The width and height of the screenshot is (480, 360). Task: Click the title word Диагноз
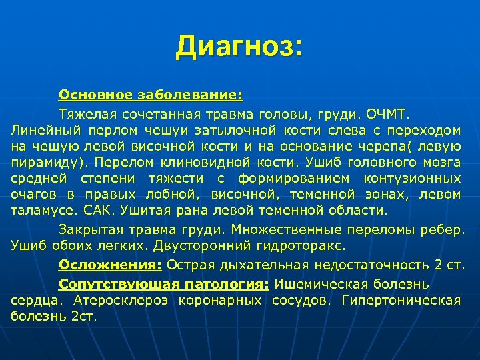[239, 48]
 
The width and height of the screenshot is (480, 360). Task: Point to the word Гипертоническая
[401, 300]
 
